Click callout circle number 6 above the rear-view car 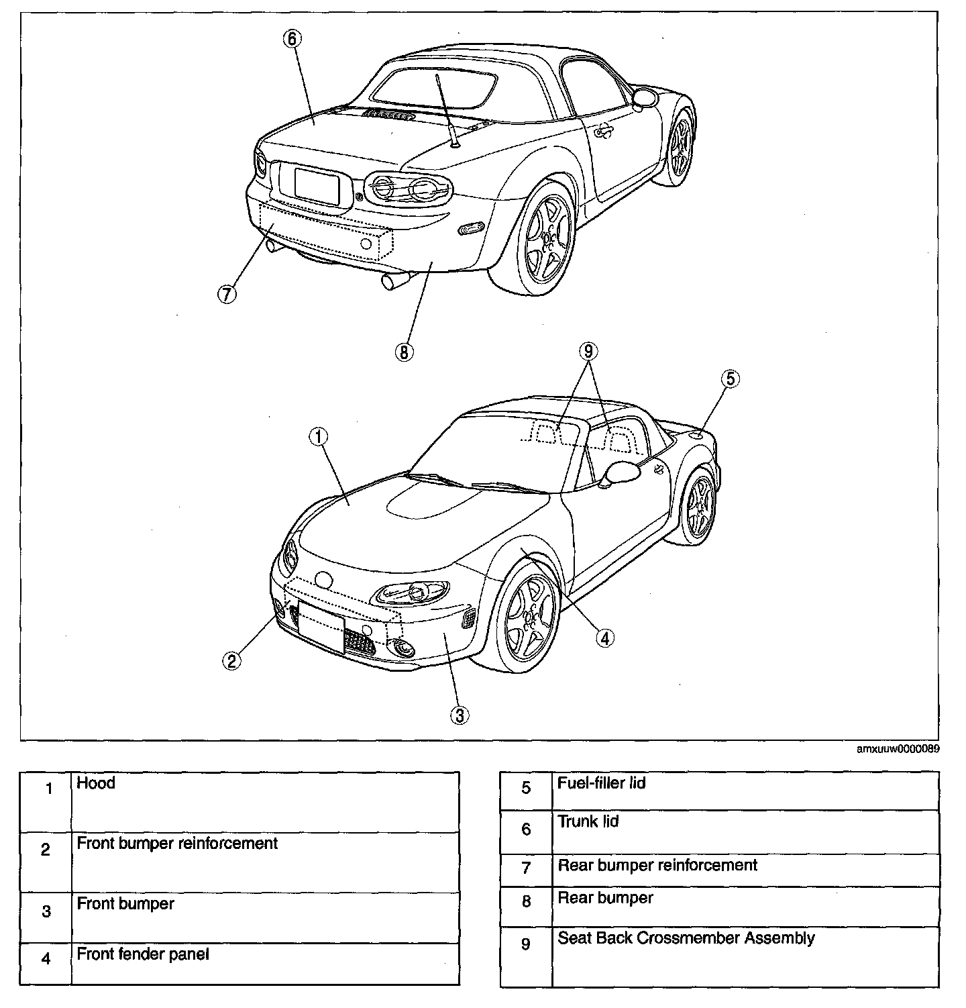291,38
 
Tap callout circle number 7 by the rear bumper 227,294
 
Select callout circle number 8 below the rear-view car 405,352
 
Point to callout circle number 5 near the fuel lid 730,379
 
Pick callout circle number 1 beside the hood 318,437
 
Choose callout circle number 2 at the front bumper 231,661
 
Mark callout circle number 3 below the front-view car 459,715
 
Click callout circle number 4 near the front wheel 604,638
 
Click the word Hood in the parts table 96,783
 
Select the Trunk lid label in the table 588,821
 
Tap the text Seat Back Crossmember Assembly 686,938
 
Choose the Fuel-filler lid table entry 602,783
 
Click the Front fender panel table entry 143,954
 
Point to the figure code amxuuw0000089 898,749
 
